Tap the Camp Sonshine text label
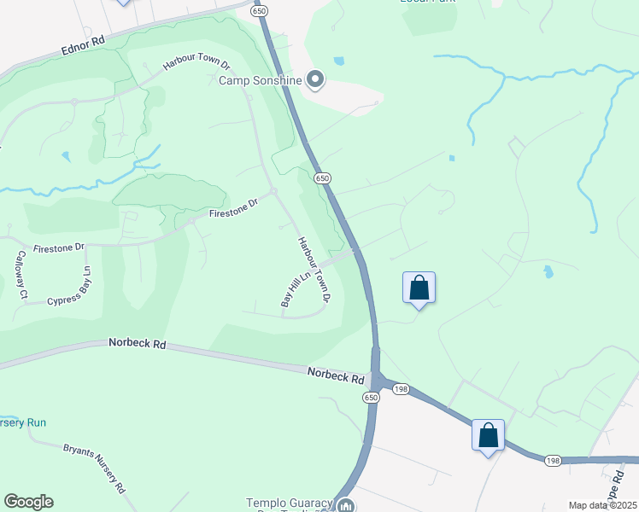[x=261, y=81]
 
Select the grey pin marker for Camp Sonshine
[x=315, y=80]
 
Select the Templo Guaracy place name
[x=288, y=503]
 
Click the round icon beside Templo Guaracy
[x=346, y=506]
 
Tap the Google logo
[x=28, y=502]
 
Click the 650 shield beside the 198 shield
[x=371, y=398]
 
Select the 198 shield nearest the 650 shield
[x=401, y=389]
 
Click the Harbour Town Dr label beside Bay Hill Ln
[x=314, y=268]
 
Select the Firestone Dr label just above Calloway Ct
[x=59, y=247]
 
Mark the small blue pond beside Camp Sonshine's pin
[x=339, y=61]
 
